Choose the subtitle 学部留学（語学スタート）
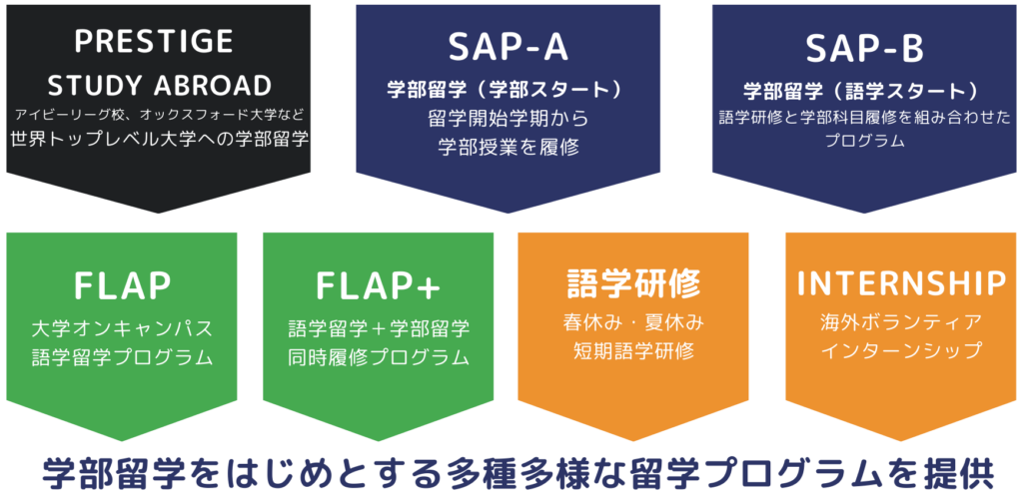(864, 90)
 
